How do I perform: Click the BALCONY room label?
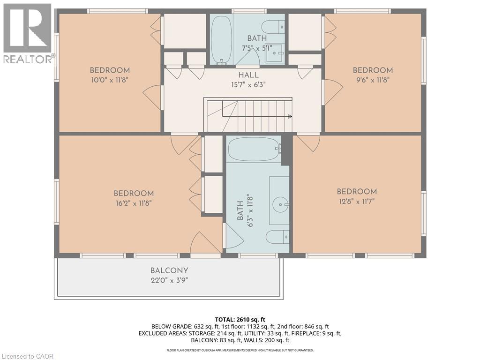[169, 270]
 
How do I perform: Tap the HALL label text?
[248, 75]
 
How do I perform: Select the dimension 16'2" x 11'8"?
[134, 203]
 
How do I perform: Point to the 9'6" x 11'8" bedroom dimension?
[373, 80]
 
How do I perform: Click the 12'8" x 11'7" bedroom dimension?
[357, 201]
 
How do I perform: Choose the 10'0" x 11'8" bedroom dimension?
[109, 80]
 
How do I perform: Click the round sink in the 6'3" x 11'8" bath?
[280, 203]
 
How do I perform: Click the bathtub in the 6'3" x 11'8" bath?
[255, 150]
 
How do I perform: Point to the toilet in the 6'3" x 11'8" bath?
[277, 237]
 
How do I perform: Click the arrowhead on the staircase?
[290, 116]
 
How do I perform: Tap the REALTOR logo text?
[28, 59]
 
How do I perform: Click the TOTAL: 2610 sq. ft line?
[240, 320]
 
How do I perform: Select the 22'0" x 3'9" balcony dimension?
[169, 280]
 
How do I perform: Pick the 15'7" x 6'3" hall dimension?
[248, 84]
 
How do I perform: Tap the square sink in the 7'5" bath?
[275, 53]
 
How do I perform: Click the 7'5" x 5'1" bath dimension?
[257, 48]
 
